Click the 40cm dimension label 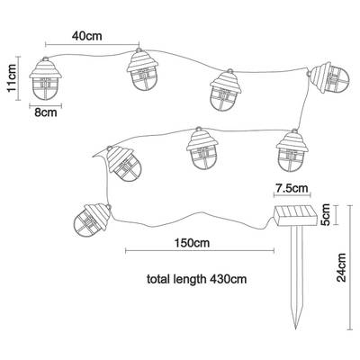(x=87, y=36)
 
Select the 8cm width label (x=46, y=112)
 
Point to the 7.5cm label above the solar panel (x=292, y=188)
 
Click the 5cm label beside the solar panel (x=325, y=214)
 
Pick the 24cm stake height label (x=341, y=267)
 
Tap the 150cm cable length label (x=192, y=243)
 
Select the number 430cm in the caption (x=228, y=279)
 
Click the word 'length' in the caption (x=190, y=280)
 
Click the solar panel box (x=295, y=216)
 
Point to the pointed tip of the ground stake (x=296, y=329)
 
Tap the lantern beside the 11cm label (x=45, y=78)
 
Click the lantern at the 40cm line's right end (x=142, y=69)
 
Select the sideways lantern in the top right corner (x=329, y=77)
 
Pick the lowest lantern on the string (x=92, y=220)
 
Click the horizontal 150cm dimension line (x=200, y=251)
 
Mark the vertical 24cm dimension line (x=350, y=267)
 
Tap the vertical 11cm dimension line (x=19, y=78)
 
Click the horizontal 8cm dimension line (x=46, y=105)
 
